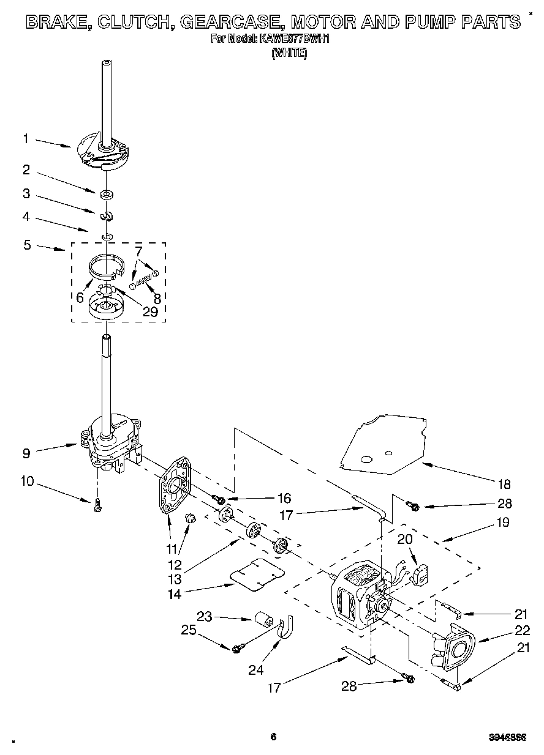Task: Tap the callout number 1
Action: (x=26, y=139)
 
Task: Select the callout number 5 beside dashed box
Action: (x=27, y=245)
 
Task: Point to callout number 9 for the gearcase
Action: (x=26, y=453)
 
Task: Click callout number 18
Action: (x=504, y=484)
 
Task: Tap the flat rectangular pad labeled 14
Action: (x=257, y=575)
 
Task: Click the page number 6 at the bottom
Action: (x=273, y=737)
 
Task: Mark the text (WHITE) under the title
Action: (x=289, y=53)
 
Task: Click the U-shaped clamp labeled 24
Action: (x=285, y=630)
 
